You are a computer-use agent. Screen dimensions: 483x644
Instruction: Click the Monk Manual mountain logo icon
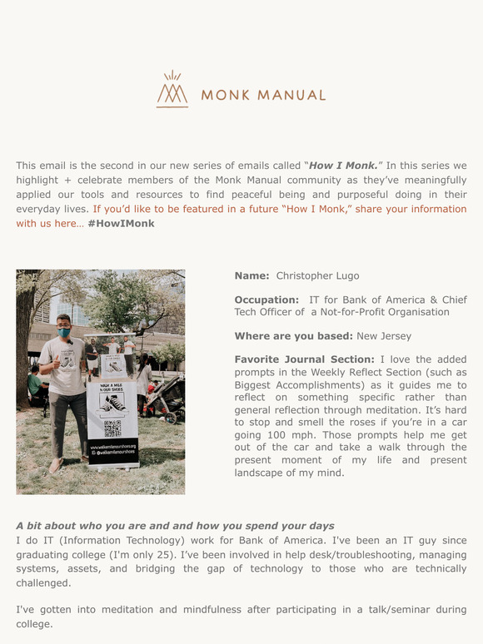172,90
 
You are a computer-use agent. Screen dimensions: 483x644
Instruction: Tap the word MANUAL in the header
291,96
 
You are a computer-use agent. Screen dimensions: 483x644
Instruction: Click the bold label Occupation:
266,300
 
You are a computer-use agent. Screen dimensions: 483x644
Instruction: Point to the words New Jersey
384,336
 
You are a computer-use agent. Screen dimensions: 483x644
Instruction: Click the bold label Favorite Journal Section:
305,359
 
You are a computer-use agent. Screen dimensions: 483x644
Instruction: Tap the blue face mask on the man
64,332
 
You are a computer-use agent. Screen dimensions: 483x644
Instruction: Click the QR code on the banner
112,428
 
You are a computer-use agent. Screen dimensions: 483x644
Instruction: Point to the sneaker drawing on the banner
112,404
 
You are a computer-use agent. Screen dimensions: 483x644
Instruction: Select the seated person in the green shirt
34,385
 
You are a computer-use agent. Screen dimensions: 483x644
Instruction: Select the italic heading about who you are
175,526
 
